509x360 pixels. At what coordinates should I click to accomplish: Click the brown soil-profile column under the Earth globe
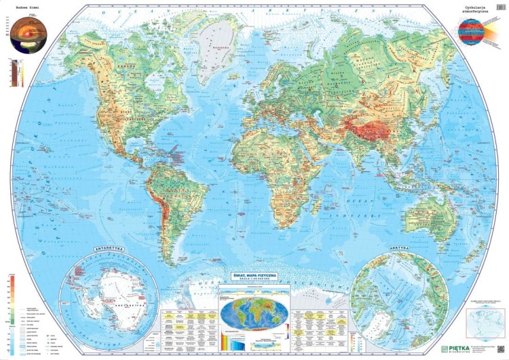tap(15, 73)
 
